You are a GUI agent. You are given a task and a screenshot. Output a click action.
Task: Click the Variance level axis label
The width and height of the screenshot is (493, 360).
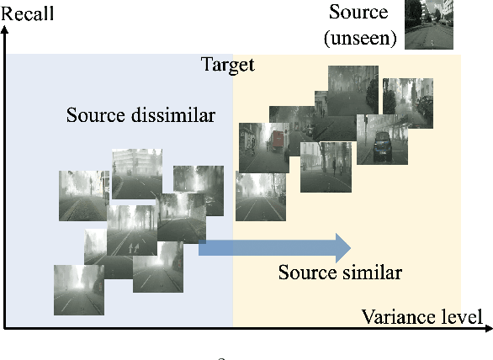click(x=422, y=316)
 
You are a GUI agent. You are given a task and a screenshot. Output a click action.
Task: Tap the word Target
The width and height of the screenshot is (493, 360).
click(x=227, y=65)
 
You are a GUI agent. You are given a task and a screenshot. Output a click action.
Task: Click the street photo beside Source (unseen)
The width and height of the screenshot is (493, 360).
click(x=427, y=24)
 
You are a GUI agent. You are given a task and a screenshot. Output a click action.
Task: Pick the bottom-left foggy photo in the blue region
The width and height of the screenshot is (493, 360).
click(x=78, y=289)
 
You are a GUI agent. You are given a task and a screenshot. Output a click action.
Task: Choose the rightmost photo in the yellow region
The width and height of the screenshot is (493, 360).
click(x=408, y=103)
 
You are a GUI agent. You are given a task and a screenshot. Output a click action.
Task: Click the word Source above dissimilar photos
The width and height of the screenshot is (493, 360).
click(x=96, y=114)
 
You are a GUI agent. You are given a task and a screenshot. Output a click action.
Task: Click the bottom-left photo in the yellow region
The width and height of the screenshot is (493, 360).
click(x=260, y=197)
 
